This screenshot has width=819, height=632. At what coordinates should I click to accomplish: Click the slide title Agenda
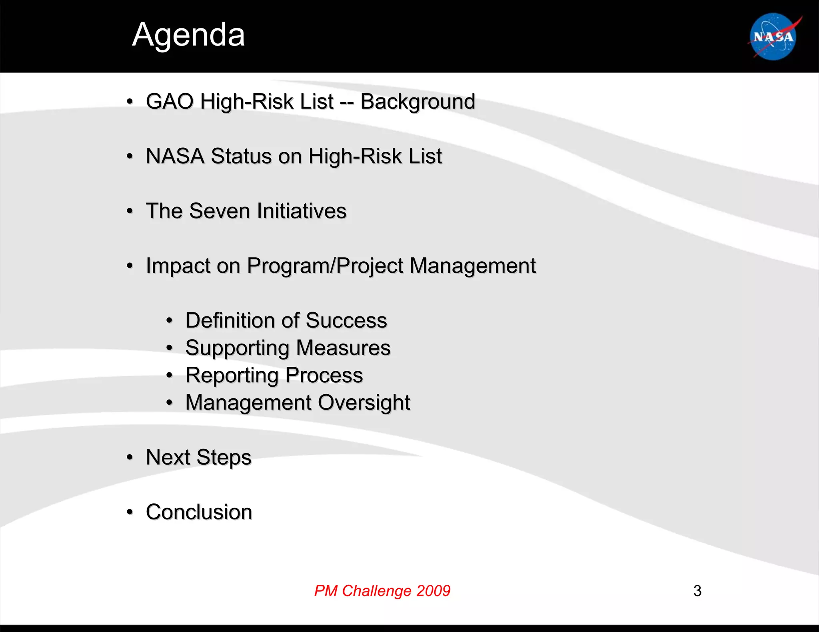tap(188, 35)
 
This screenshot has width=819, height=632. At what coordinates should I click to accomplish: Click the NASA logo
tap(773, 37)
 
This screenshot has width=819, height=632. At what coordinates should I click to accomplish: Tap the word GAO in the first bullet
tap(170, 101)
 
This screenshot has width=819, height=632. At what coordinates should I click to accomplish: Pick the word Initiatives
tap(302, 211)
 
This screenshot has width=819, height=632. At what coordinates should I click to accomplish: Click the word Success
tap(346, 320)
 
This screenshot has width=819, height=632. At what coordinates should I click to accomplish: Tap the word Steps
tap(224, 457)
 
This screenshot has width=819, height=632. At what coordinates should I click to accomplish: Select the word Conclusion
tap(199, 512)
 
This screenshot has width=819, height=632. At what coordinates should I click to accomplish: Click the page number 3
tap(697, 591)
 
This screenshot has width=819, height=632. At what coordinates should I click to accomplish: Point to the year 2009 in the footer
tap(433, 591)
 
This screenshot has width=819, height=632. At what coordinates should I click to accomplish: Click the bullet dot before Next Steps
tap(129, 457)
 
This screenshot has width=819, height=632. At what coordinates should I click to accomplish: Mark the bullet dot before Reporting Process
tap(169, 376)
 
